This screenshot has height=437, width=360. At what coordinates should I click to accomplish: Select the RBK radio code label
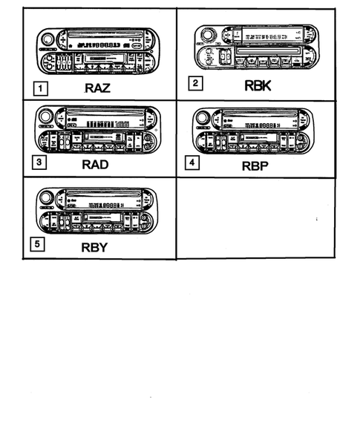pyautogui.click(x=258, y=85)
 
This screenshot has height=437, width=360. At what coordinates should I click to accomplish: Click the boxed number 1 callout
pyautogui.click(x=42, y=90)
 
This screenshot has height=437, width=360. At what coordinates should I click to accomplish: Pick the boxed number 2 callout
pyautogui.click(x=194, y=84)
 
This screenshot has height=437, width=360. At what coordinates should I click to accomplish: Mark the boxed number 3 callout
pyautogui.click(x=39, y=162)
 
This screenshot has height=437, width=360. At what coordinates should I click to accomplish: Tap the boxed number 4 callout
pyautogui.click(x=192, y=161)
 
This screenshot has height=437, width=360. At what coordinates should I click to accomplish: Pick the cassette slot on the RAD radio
pyautogui.click(x=99, y=138)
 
